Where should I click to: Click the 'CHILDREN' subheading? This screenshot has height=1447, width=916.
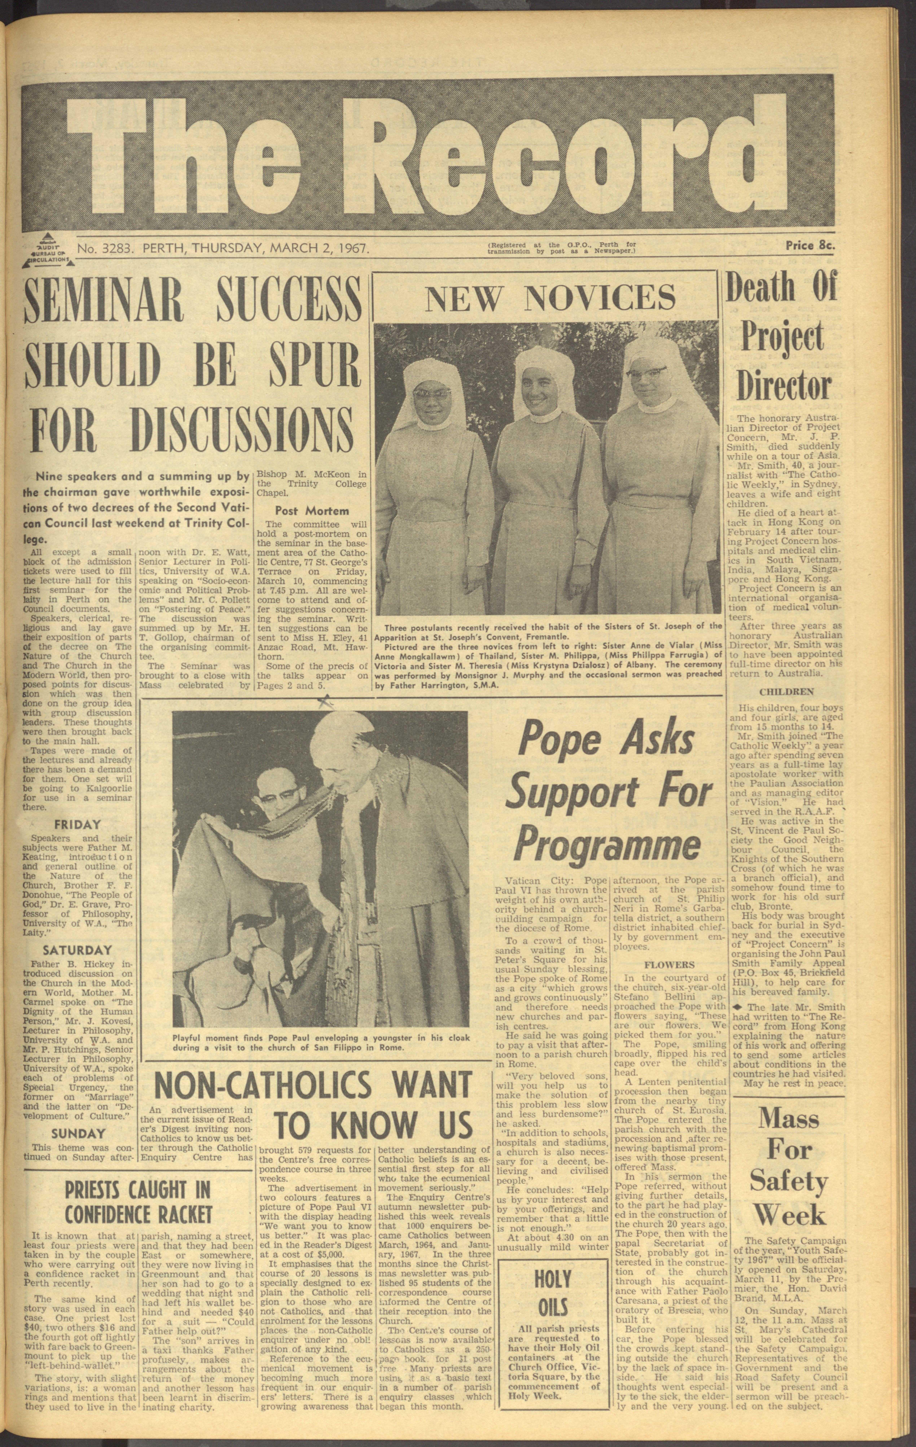point(786,691)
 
